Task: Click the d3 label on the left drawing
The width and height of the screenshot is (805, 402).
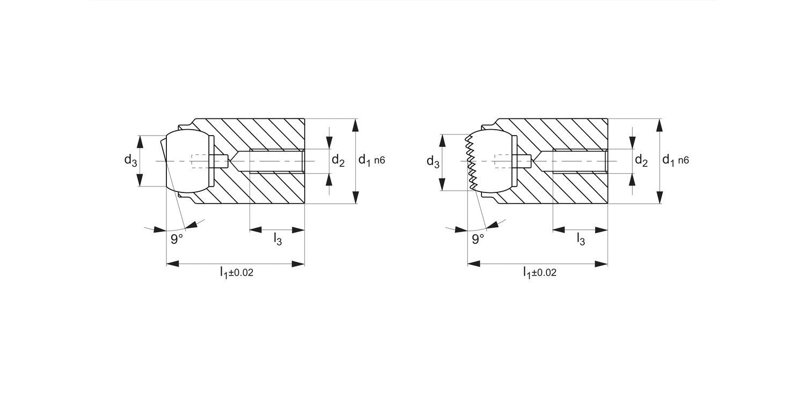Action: [131, 160]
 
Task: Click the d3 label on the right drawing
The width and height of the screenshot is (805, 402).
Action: [433, 161]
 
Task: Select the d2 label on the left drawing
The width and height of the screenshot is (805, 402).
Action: [338, 160]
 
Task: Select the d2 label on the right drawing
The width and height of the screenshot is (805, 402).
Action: [641, 160]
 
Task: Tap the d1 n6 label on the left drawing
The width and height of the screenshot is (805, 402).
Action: [372, 160]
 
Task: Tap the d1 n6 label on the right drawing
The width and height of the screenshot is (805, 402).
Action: [675, 160]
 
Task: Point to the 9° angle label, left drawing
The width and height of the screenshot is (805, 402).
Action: [177, 239]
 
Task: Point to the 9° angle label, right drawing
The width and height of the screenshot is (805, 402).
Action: [478, 239]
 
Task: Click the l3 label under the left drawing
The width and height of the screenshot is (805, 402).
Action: [277, 239]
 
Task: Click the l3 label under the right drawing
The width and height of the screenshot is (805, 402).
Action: [581, 239]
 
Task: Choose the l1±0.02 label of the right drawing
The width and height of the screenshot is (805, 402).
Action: [539, 273]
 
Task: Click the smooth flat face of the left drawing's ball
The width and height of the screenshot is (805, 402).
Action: [164, 161]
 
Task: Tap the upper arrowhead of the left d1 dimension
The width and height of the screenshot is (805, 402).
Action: [355, 124]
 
